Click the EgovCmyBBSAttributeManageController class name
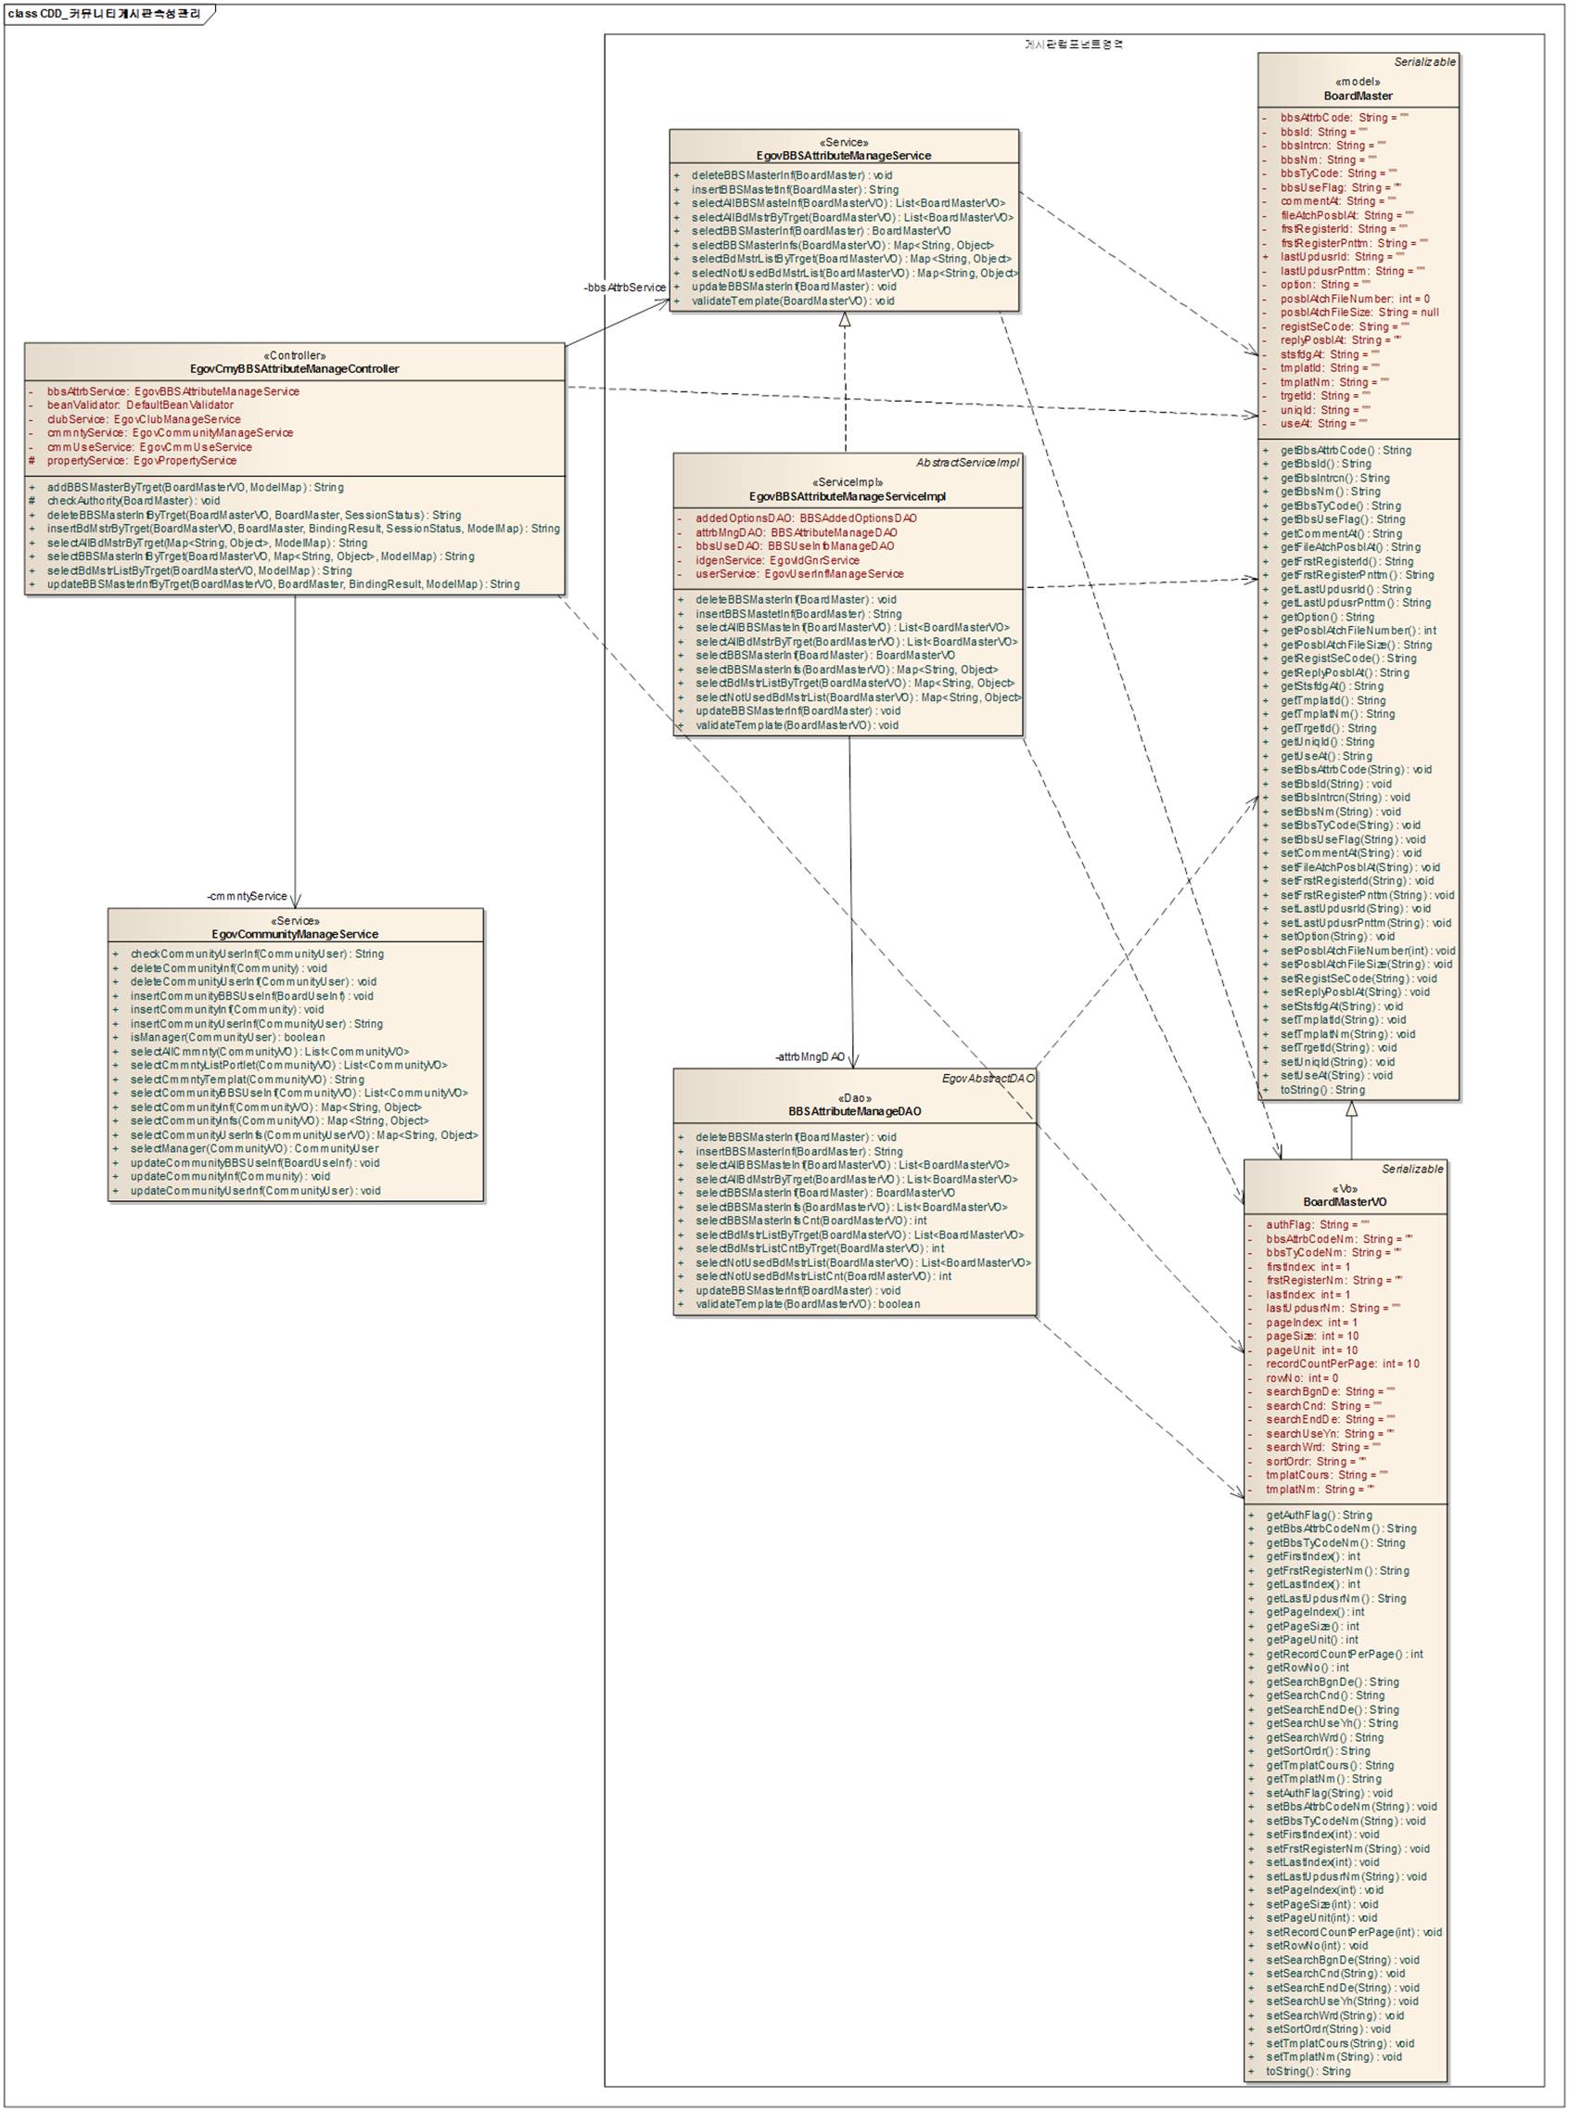pos(295,368)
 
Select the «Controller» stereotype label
pos(295,355)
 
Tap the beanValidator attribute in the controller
pos(140,404)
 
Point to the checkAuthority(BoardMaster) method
pos(133,501)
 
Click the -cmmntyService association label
pos(247,896)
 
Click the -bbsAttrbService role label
pos(625,287)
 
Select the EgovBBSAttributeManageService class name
pos(844,155)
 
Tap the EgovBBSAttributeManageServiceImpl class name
pos(848,496)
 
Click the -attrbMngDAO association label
pos(810,1056)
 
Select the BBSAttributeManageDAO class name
pos(854,1110)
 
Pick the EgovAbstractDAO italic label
pos(987,1079)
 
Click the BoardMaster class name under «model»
pos(1358,96)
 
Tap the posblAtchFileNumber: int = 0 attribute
pos(1354,299)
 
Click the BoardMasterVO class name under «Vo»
pos(1344,1202)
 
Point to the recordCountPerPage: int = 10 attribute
pos(1342,1363)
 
